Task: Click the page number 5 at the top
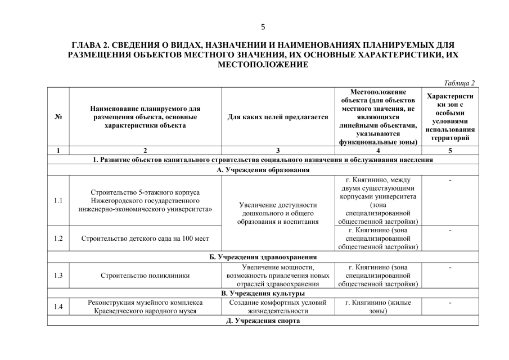pos(263,26)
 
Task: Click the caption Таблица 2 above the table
pos(459,83)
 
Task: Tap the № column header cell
pos(58,117)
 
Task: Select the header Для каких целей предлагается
pos(277,117)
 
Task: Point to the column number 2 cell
pos(145,150)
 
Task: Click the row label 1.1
pos(58,201)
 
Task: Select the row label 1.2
pos(58,238)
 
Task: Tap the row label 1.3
pos(58,276)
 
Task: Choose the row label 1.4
pos(58,307)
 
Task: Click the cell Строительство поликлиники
pos(145,276)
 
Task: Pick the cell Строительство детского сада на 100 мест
pos(145,238)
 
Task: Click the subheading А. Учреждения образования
pos(263,169)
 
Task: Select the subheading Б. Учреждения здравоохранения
pos(263,256)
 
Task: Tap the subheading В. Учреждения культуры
pos(263,293)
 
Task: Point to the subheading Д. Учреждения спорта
pos(263,321)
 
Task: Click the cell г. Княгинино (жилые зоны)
pos(377,307)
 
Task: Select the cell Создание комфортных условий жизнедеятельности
pos(277,307)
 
